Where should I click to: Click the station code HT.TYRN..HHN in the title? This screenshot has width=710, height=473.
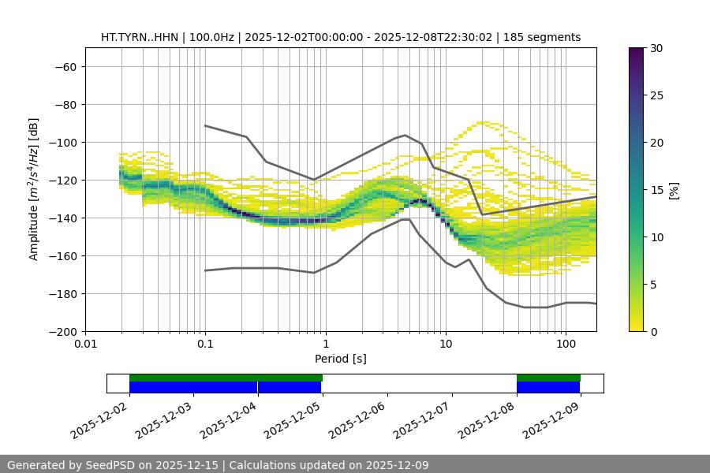(138, 37)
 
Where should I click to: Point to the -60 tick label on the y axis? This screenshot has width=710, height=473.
(65, 66)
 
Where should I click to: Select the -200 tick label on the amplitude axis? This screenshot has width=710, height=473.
(62, 331)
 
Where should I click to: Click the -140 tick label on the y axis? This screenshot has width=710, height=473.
(62, 218)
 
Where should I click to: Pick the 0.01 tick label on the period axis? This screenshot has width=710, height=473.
(85, 345)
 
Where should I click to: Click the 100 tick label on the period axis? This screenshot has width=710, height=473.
(566, 345)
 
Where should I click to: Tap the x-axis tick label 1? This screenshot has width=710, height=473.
(326, 345)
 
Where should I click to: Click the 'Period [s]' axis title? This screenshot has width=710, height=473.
(340, 359)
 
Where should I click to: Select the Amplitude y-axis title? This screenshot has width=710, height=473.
(34, 190)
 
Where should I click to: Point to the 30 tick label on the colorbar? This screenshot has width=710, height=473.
(656, 48)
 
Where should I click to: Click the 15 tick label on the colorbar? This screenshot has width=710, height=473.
(656, 190)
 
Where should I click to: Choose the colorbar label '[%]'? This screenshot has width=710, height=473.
(674, 190)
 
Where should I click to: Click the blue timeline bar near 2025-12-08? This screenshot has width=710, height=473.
(548, 387)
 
